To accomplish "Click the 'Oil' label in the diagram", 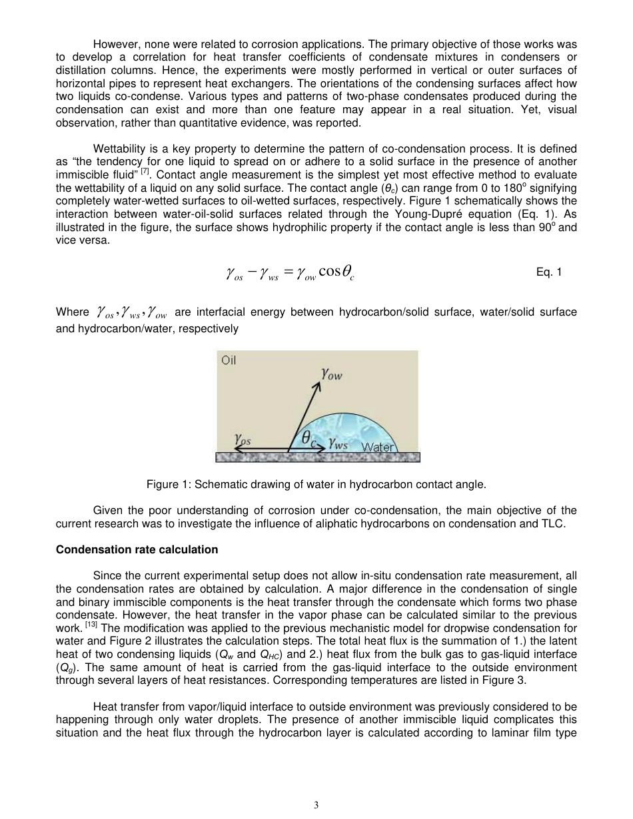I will pos(229,361).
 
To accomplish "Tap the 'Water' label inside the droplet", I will pos(378,447).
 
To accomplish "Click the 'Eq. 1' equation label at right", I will pos(549,272).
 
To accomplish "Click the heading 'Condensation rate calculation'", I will pos(137,549).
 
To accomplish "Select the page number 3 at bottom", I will pos(316,804).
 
